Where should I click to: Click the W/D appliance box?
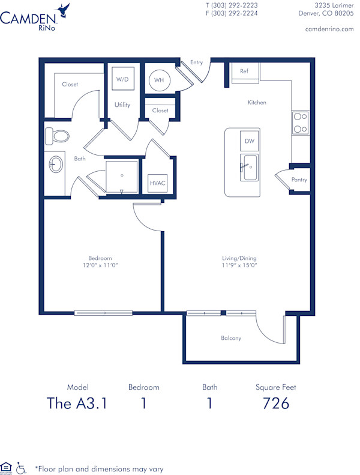pyautogui.click(x=122, y=79)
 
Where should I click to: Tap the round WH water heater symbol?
pyautogui.click(x=158, y=80)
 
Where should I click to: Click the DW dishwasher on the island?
pyautogui.click(x=249, y=141)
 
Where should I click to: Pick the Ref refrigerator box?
pyautogui.click(x=244, y=71)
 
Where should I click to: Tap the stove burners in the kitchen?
pyautogui.click(x=300, y=123)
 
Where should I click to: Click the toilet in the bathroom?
pyautogui.click(x=56, y=136)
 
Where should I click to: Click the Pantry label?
pyautogui.click(x=299, y=180)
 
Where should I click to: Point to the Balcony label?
pyautogui.click(x=231, y=338)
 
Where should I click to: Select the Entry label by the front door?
pyautogui.click(x=196, y=62)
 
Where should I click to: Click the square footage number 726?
pyautogui.click(x=276, y=404)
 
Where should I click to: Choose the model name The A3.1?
pyautogui.click(x=77, y=404)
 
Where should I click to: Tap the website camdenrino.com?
pyautogui.click(x=329, y=29)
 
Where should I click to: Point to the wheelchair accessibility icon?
pyautogui.click(x=22, y=467)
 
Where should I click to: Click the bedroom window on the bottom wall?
pyautogui.click(x=103, y=313)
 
